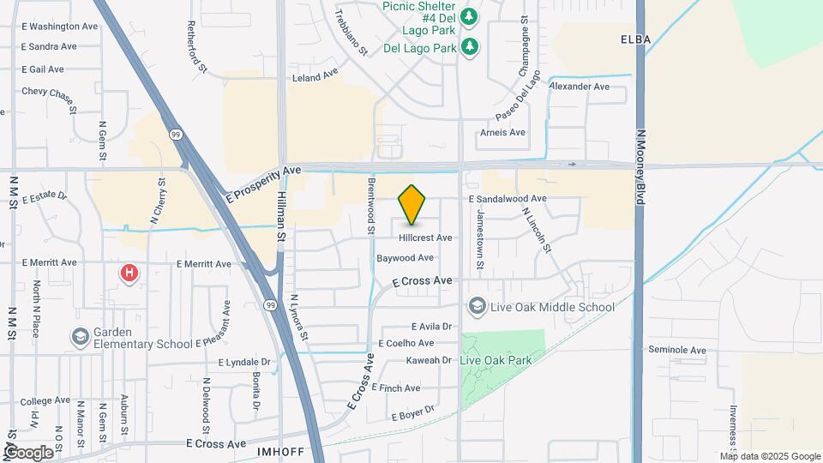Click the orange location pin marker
[x=412, y=204]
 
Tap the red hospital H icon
[x=129, y=274]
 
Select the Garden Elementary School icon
[x=81, y=336]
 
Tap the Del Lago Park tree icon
[x=469, y=46]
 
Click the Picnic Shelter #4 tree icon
[x=469, y=15]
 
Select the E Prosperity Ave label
[x=265, y=184]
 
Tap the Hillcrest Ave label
[x=425, y=238]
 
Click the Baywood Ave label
[x=405, y=257]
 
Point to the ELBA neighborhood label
[x=635, y=39]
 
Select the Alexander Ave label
[x=579, y=87]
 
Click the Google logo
[x=27, y=452]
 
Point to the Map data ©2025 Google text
[x=770, y=456]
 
